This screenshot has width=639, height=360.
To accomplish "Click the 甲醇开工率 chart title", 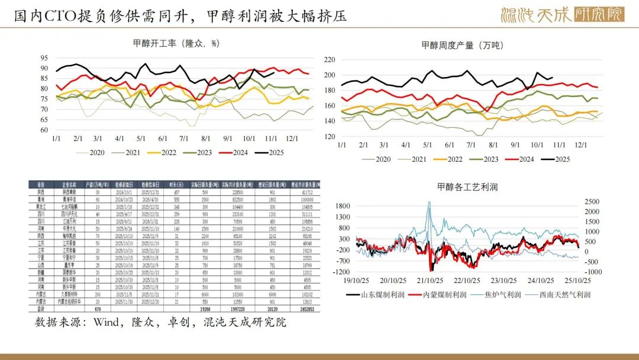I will point(176,43).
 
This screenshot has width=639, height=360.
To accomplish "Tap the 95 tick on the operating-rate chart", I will point(44,58).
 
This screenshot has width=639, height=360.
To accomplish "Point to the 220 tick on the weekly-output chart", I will point(330,60).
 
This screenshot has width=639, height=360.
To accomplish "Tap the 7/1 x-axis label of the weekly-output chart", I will point(471,144).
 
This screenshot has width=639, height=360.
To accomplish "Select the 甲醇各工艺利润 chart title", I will point(467,187).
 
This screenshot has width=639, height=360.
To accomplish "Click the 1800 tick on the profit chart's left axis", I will point(343,205).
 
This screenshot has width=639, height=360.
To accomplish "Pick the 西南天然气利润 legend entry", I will point(561,294).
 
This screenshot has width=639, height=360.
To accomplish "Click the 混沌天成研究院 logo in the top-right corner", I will point(562,14).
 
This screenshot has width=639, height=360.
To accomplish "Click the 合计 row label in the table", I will point(41,308).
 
